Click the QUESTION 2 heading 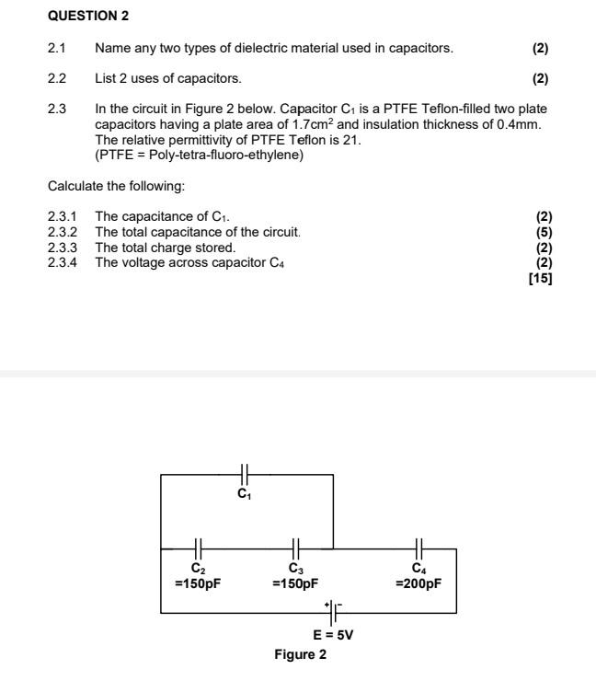click(88, 17)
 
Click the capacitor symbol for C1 click(244, 474)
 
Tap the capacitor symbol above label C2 click(199, 548)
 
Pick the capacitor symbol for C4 click(418, 548)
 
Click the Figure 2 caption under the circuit click(300, 655)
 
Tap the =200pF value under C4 click(418, 583)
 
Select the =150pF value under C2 click(198, 583)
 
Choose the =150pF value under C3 click(296, 583)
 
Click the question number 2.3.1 click(63, 217)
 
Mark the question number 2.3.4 click(63, 262)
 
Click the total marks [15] click(540, 278)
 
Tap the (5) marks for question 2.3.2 click(544, 232)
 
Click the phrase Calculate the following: click(116, 187)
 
